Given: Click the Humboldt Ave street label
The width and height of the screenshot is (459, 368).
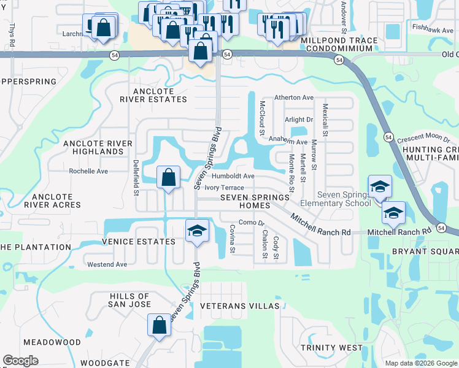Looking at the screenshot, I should tap(233, 176).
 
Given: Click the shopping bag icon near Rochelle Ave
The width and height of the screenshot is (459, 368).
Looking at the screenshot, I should tap(168, 178).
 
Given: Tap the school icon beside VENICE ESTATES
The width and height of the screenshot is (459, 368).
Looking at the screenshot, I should tap(196, 231).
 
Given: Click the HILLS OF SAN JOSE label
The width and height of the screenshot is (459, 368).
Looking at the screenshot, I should tap(121, 300).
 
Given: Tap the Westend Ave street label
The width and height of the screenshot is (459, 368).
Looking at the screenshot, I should tap(107, 265).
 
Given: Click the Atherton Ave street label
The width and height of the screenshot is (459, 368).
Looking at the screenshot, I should tap(294, 98).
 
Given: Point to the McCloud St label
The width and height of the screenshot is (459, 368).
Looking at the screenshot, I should tap(262, 118).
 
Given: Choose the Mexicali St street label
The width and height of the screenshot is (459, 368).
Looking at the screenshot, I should tap(325, 120).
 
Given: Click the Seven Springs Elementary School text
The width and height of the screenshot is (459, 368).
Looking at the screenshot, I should tap(334, 199).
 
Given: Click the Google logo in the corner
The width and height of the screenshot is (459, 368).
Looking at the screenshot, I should tap(20, 361).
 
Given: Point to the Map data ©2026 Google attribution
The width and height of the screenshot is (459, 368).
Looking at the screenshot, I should tap(420, 363).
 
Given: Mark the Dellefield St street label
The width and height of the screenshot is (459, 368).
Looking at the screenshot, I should tap(136, 178).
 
